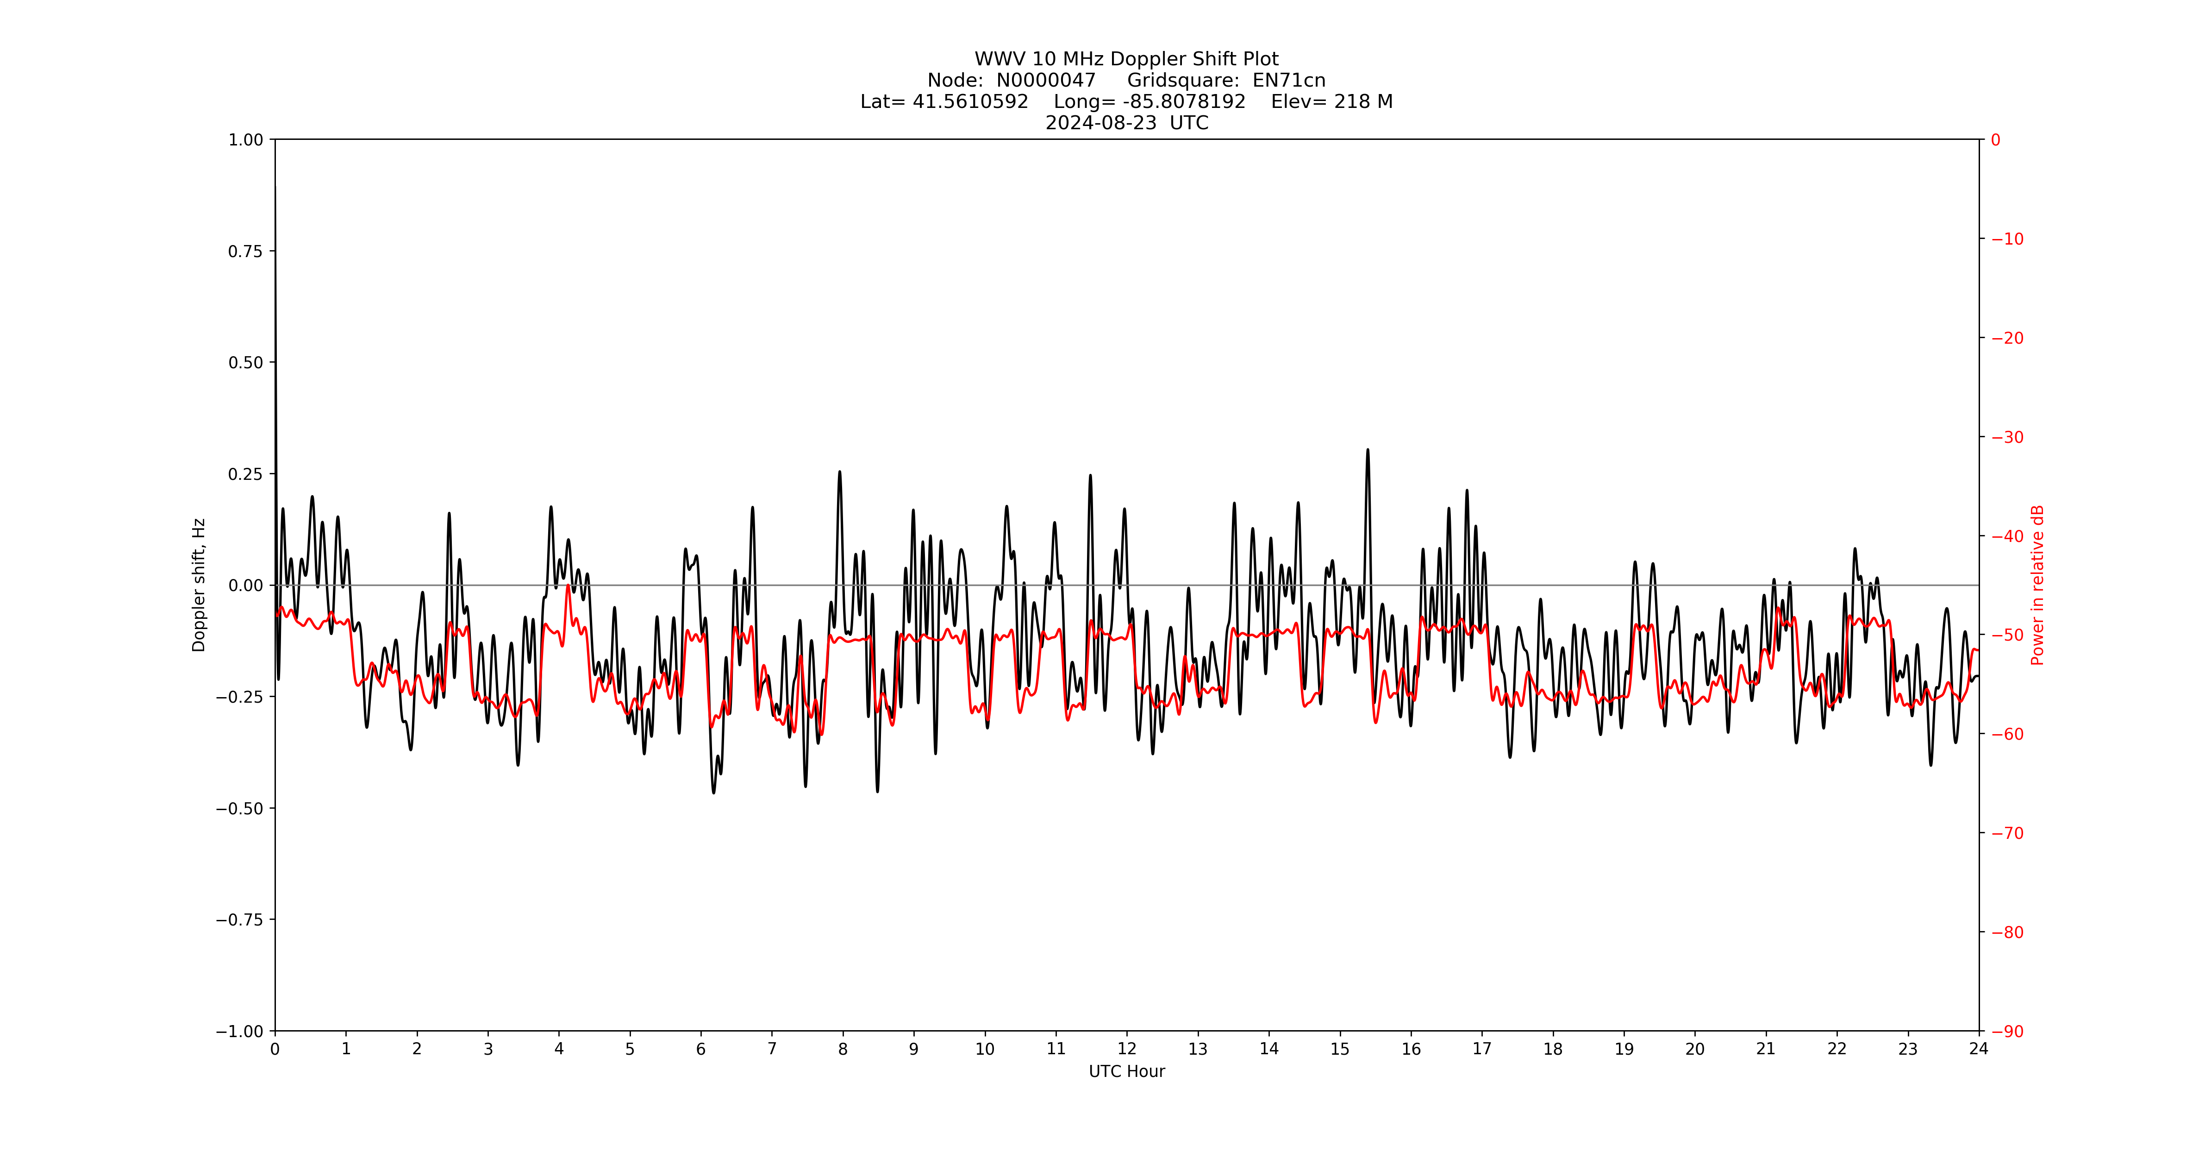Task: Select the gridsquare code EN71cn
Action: [x=1289, y=80]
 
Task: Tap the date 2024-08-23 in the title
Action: [x=1101, y=123]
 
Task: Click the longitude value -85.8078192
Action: [x=1184, y=101]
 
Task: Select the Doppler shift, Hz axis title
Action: [x=199, y=585]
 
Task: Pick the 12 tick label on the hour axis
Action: [x=1127, y=1049]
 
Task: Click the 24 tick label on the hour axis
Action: [x=1979, y=1049]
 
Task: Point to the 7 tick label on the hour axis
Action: [x=772, y=1049]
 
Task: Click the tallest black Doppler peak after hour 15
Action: [x=1368, y=450]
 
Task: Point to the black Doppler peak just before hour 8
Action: [x=840, y=472]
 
